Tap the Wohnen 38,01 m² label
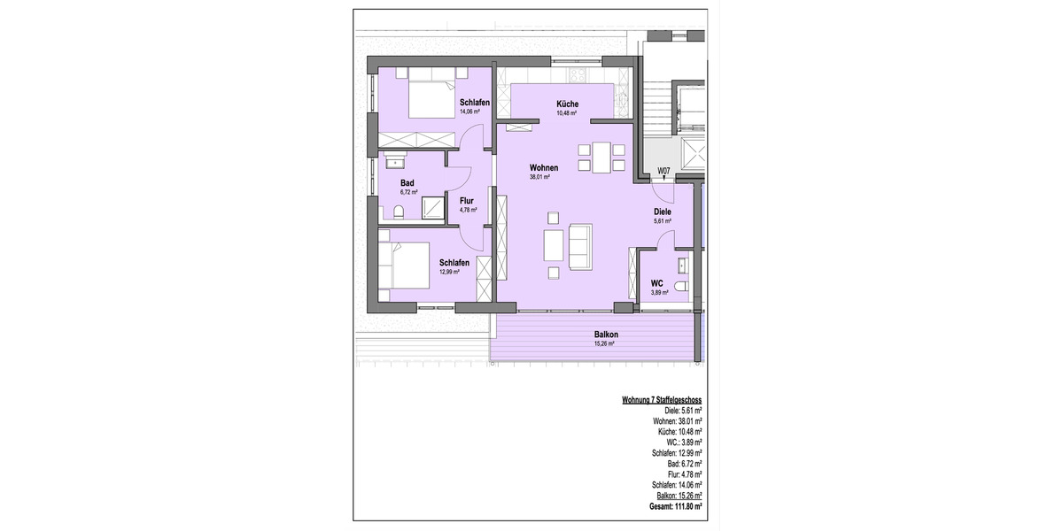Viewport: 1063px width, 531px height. click(543, 167)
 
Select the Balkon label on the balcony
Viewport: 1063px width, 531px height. click(606, 335)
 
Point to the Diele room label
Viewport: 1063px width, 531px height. click(662, 212)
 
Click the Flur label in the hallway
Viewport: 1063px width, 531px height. click(467, 201)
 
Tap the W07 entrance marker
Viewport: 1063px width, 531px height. click(663, 171)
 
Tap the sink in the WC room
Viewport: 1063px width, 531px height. click(683, 263)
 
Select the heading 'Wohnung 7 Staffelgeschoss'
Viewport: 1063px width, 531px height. click(662, 401)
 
